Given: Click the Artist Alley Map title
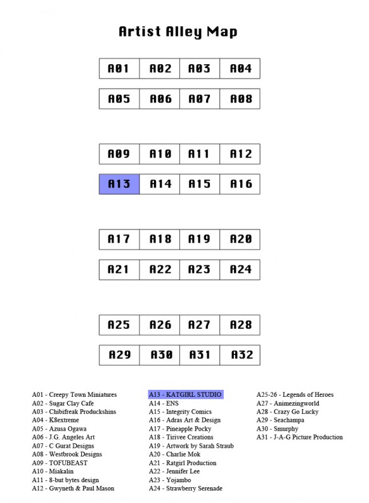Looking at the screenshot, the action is click(178, 32).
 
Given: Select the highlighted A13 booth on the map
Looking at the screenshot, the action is click(119, 184).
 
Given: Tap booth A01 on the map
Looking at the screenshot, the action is click(119, 69).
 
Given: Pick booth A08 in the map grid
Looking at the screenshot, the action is click(240, 99).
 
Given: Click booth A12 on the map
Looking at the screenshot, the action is click(240, 154).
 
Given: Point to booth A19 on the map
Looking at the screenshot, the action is click(200, 240).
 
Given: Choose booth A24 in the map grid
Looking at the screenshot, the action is click(240, 270).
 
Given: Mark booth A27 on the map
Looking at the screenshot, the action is click(200, 325).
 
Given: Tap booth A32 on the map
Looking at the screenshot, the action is click(240, 355).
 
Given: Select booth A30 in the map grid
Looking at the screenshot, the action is click(160, 355).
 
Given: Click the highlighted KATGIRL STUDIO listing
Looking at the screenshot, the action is click(185, 395).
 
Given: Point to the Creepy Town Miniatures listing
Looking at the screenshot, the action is click(74, 395).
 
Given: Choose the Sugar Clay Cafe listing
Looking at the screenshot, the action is click(63, 403).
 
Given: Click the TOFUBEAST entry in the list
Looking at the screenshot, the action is click(60, 463).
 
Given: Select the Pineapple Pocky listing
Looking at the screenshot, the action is click(180, 429).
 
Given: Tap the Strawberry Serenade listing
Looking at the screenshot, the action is click(185, 489).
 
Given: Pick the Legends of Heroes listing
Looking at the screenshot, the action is click(295, 395).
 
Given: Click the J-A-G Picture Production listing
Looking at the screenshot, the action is click(299, 437).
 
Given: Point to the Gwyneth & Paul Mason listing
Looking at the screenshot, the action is click(73, 489).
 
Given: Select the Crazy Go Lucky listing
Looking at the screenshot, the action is click(287, 412).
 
